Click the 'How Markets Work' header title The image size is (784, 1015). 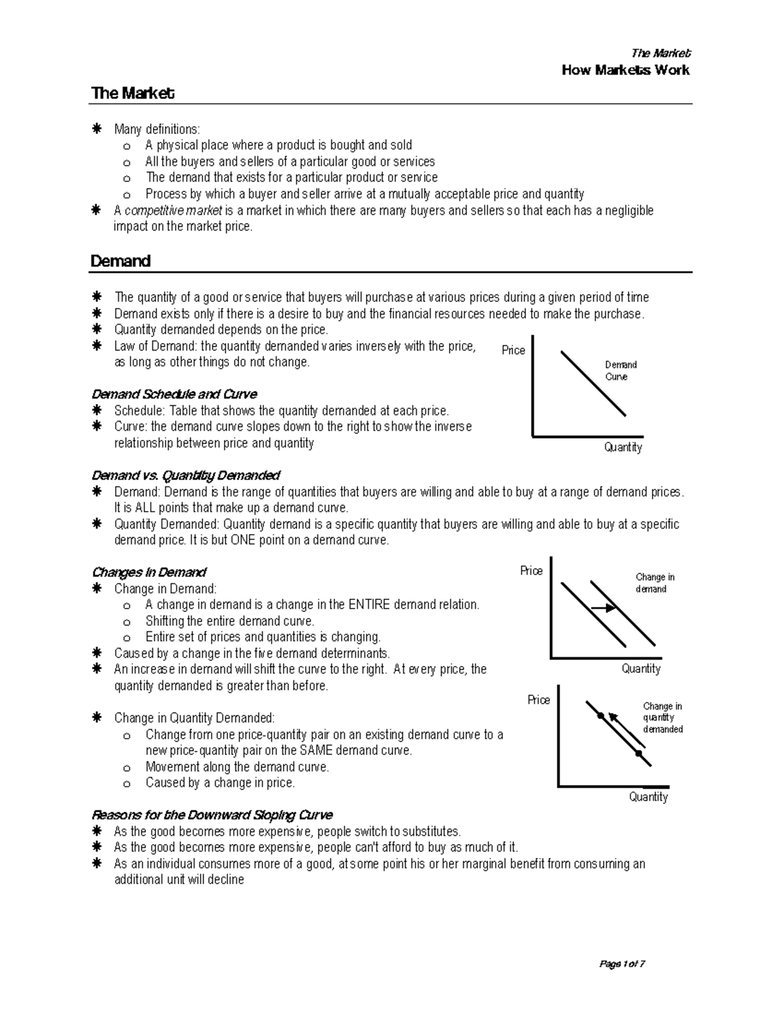click(625, 70)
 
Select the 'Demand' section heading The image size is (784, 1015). click(121, 261)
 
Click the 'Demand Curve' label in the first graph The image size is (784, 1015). click(620, 371)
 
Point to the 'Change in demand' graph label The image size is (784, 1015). click(655, 583)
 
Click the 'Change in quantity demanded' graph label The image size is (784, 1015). click(662, 718)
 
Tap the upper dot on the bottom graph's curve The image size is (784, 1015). click(600, 716)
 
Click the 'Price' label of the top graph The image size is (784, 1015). click(513, 350)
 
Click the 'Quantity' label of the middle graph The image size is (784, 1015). click(641, 669)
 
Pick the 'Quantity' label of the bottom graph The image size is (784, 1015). click(648, 797)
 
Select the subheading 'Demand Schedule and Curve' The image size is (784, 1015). click(174, 394)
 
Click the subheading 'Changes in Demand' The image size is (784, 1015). click(149, 573)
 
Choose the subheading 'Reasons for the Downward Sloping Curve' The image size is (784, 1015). click(212, 815)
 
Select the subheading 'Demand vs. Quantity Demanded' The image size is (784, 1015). click(186, 475)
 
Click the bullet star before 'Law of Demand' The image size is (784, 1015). click(97, 346)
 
